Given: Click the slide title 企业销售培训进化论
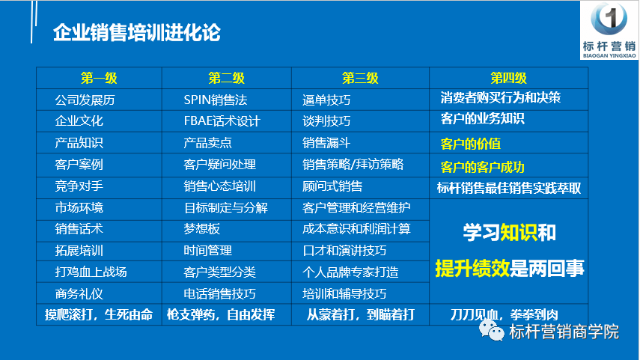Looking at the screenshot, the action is click(x=137, y=33).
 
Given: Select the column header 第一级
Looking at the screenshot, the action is click(x=99, y=78).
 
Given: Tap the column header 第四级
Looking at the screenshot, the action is click(x=508, y=78).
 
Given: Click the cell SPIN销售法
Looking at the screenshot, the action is click(x=216, y=100).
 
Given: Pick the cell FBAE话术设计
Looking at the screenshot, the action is click(x=222, y=121).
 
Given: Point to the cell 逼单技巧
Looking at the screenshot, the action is click(x=326, y=100).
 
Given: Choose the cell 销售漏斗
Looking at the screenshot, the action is click(x=326, y=143).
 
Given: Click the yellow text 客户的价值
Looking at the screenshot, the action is click(x=471, y=144).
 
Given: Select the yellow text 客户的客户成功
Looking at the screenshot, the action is click(x=483, y=167).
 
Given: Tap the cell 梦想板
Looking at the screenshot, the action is click(x=201, y=228).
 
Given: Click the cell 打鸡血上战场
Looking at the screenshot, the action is click(x=91, y=272).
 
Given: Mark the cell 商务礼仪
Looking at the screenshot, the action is click(x=79, y=294).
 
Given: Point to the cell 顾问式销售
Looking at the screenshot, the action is click(x=332, y=186).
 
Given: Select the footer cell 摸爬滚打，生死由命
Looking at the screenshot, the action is click(x=99, y=314).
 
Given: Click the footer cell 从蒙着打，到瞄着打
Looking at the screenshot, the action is click(x=360, y=314).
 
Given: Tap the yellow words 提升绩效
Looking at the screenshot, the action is click(x=472, y=269).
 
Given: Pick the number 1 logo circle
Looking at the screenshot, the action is click(x=609, y=19).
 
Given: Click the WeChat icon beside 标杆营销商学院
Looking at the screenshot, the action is click(x=492, y=331).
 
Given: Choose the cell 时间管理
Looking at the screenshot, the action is click(x=208, y=250).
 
